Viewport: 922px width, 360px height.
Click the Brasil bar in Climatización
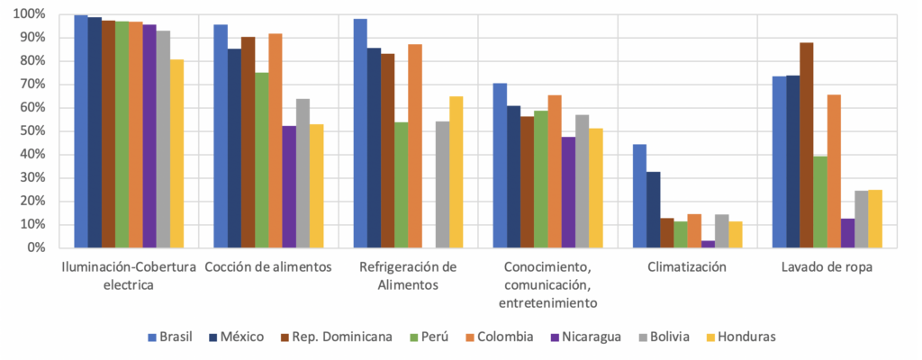[x=639, y=195]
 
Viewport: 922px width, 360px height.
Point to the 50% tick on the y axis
[x=32, y=131]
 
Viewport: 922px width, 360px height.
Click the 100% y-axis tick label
[x=30, y=14]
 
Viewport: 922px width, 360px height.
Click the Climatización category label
[x=687, y=267]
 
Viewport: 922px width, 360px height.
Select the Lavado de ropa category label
[x=827, y=267]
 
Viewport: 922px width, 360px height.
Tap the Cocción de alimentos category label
[x=268, y=267]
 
